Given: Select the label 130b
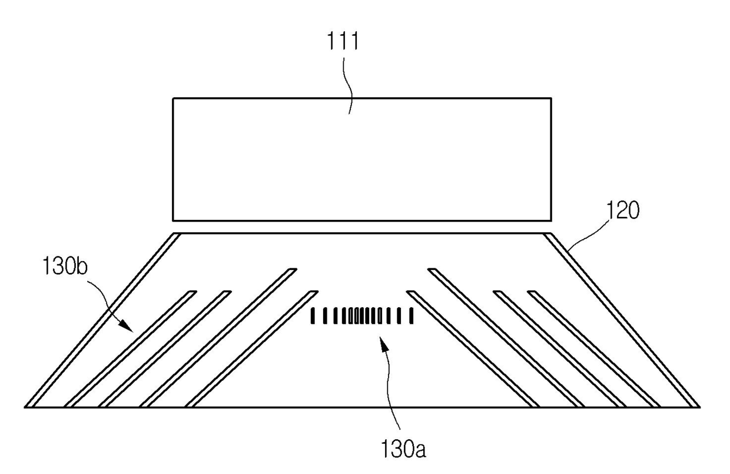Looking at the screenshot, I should (65, 266).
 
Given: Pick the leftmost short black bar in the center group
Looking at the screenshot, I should (313, 317).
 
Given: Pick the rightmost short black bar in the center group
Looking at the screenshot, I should (412, 317).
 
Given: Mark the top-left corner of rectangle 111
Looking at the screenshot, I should (173, 98).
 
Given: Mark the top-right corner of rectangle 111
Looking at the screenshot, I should (551, 98).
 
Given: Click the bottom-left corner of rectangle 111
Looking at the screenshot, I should (173, 220).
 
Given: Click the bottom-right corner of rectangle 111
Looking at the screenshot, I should (551, 220).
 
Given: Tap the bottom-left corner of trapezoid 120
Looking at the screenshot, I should (26, 406).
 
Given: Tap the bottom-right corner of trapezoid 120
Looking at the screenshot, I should (699, 406).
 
